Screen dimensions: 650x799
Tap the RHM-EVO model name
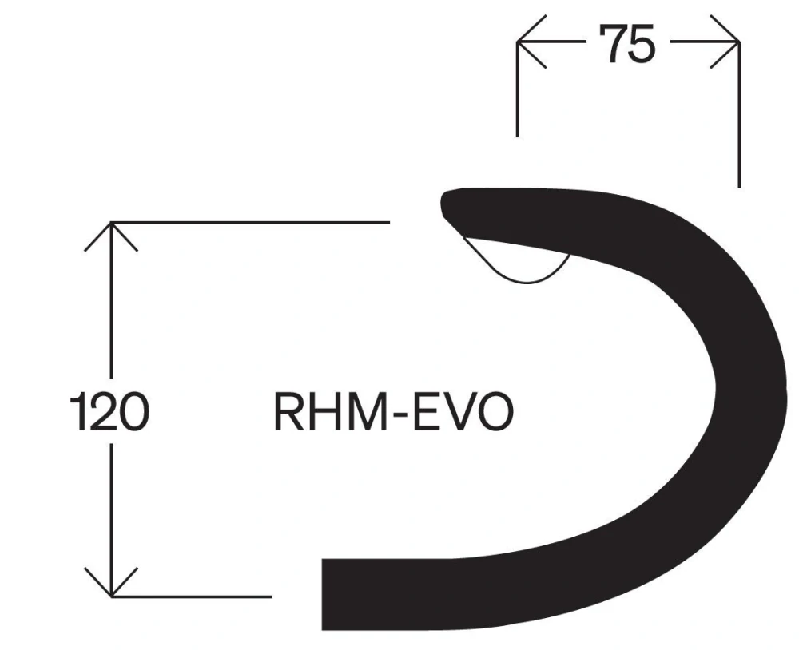click(393, 412)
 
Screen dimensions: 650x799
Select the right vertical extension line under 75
click(739, 120)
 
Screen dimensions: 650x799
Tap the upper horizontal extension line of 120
click(256, 222)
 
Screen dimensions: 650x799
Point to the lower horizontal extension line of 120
click(192, 596)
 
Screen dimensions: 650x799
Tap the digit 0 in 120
click(133, 411)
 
